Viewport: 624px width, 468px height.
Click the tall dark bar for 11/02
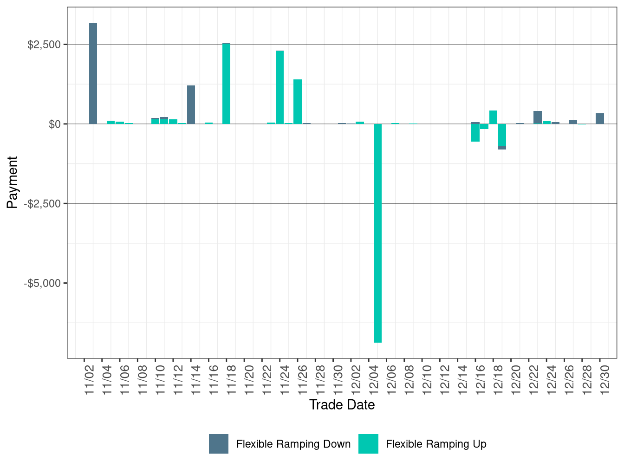click(93, 73)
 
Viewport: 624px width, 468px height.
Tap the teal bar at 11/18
click(226, 84)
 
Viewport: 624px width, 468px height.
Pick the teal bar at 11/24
click(279, 87)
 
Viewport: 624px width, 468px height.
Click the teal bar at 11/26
click(298, 102)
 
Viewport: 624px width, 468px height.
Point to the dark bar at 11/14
click(191, 104)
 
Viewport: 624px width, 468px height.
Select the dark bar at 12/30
click(600, 118)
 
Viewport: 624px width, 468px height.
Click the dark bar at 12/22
click(538, 117)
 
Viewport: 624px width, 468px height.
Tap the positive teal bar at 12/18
click(493, 117)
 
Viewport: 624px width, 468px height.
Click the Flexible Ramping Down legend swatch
click(219, 444)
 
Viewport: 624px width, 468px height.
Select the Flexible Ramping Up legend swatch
click(368, 444)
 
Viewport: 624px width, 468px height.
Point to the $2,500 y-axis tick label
click(44, 45)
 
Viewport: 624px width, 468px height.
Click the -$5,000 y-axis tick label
click(43, 283)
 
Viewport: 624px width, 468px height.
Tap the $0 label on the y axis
click(54, 124)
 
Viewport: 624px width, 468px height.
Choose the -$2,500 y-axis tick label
click(43, 204)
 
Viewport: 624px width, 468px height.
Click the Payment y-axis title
click(13, 182)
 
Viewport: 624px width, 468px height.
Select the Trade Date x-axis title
click(342, 405)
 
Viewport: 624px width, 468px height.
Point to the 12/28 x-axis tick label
click(587, 380)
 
